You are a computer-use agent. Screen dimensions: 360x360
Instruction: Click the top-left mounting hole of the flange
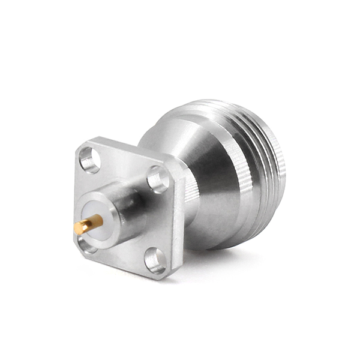tap(89, 160)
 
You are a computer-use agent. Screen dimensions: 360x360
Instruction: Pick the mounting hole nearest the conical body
tap(158, 179)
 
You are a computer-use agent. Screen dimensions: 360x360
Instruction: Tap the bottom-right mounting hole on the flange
tap(155, 260)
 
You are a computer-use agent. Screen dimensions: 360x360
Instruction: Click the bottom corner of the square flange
tap(162, 278)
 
